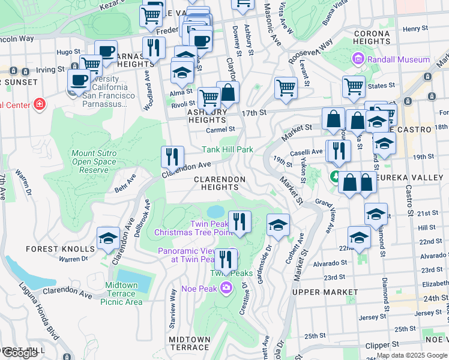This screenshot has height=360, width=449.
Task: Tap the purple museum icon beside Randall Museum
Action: pyautogui.click(x=358, y=59)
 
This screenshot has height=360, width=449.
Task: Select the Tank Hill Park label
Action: pyautogui.click(x=228, y=149)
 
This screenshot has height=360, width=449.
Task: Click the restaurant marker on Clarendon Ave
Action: pyautogui.click(x=172, y=157)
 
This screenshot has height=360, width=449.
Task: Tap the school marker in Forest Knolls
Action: pyautogui.click(x=108, y=239)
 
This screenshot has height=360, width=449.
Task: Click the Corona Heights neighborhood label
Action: pyautogui.click(x=372, y=37)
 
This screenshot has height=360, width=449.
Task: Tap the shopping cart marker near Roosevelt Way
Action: pyautogui.click(x=286, y=88)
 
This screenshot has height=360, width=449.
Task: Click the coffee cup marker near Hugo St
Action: pyautogui.click(x=106, y=52)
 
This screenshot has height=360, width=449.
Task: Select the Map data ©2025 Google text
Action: pyautogui.click(x=412, y=355)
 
